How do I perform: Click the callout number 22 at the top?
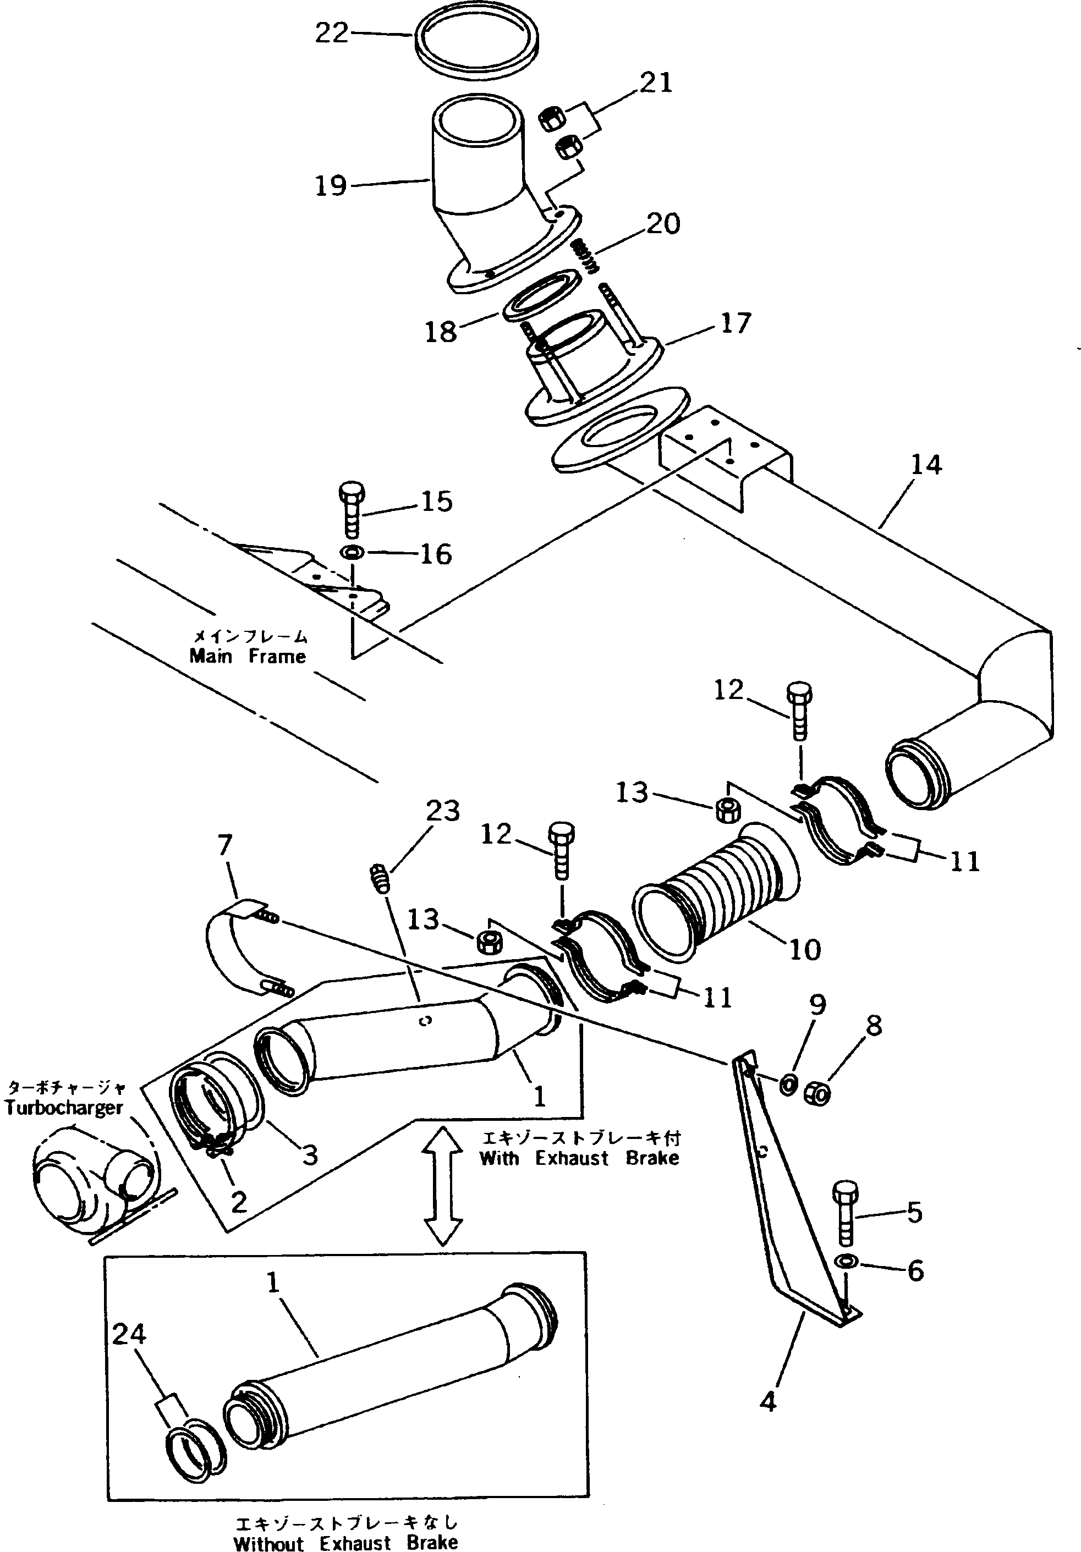331,32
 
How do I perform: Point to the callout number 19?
331,185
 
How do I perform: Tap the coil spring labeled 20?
586,257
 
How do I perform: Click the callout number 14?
925,465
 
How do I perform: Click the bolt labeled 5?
846,1215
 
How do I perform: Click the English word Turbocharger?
64,1107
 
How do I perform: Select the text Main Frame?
248,656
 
